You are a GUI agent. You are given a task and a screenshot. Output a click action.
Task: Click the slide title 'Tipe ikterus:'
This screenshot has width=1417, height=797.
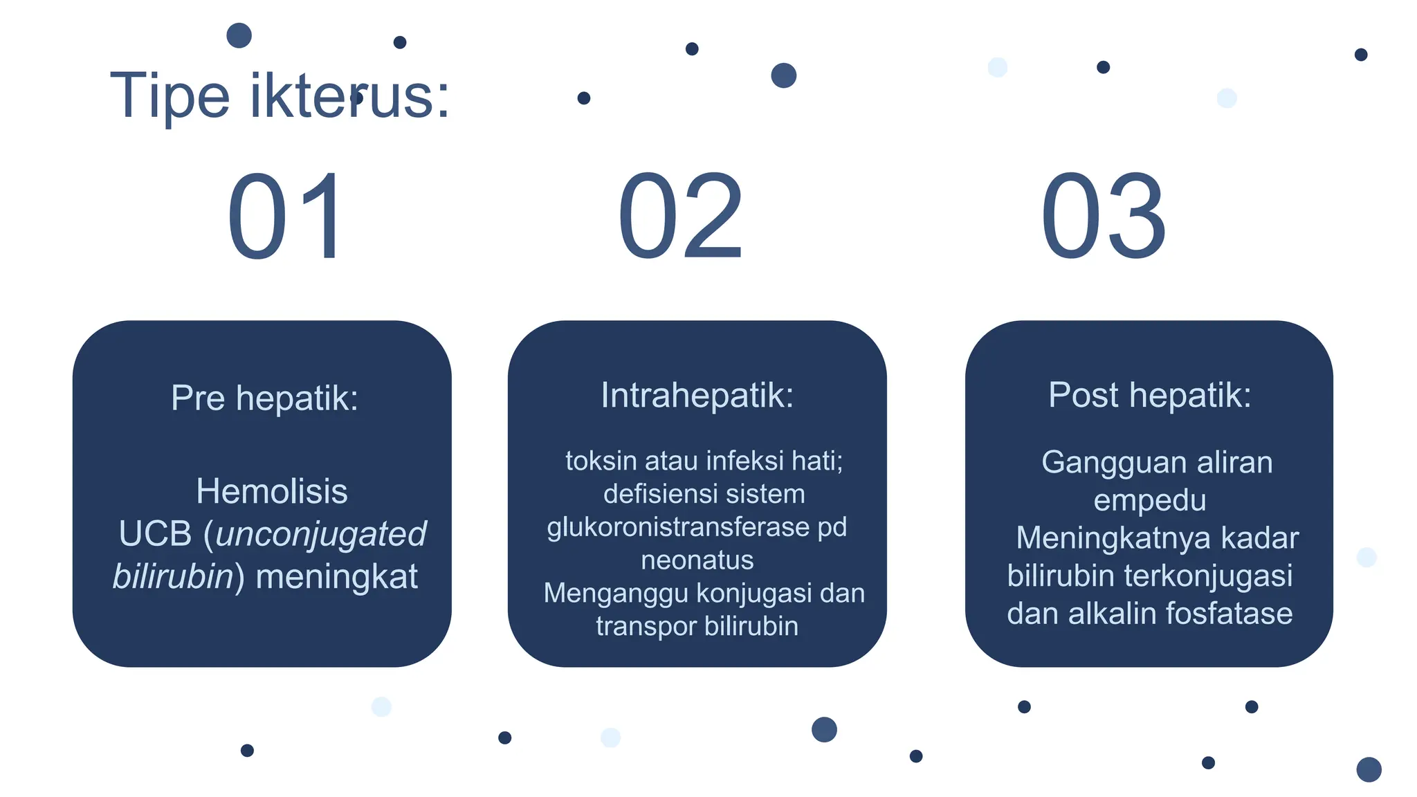pos(280,95)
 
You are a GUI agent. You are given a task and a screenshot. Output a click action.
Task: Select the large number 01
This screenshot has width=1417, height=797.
pos(285,217)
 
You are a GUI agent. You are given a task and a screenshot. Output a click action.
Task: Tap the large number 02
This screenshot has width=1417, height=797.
pos(681,217)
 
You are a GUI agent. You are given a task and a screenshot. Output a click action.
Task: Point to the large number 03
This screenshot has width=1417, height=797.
pos(1104,217)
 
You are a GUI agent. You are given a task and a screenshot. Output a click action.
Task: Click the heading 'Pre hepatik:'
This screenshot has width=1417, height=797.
pos(264,398)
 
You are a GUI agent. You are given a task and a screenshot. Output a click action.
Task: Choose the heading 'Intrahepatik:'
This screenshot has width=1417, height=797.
pos(697,395)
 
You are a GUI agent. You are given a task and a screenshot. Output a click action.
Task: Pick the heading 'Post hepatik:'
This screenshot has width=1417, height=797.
pos(1149,395)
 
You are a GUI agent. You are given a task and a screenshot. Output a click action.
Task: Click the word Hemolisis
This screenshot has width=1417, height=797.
pos(272,491)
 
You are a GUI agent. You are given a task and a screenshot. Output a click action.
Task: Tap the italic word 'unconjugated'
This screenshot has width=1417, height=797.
pos(321,534)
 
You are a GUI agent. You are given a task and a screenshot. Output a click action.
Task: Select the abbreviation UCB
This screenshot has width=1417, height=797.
pos(155,534)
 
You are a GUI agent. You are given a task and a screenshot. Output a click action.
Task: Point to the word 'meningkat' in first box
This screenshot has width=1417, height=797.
pos(336,577)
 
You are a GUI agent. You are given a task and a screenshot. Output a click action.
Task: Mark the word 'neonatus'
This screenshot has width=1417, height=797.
pos(697,560)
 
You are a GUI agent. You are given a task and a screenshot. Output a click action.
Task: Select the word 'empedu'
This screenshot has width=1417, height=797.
pos(1149,500)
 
